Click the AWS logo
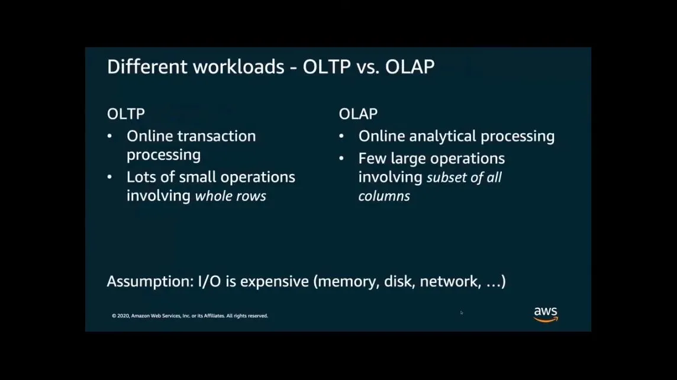[546, 314]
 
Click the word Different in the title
[147, 67]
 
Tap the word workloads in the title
[238, 67]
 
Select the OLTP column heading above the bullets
[125, 114]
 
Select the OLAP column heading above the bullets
[358, 114]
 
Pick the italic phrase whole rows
[231, 196]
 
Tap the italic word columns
[384, 196]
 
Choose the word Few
[372, 159]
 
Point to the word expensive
[275, 282]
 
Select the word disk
[399, 282]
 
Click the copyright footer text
[190, 315]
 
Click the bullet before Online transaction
[109, 137]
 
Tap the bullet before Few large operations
[341, 159]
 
